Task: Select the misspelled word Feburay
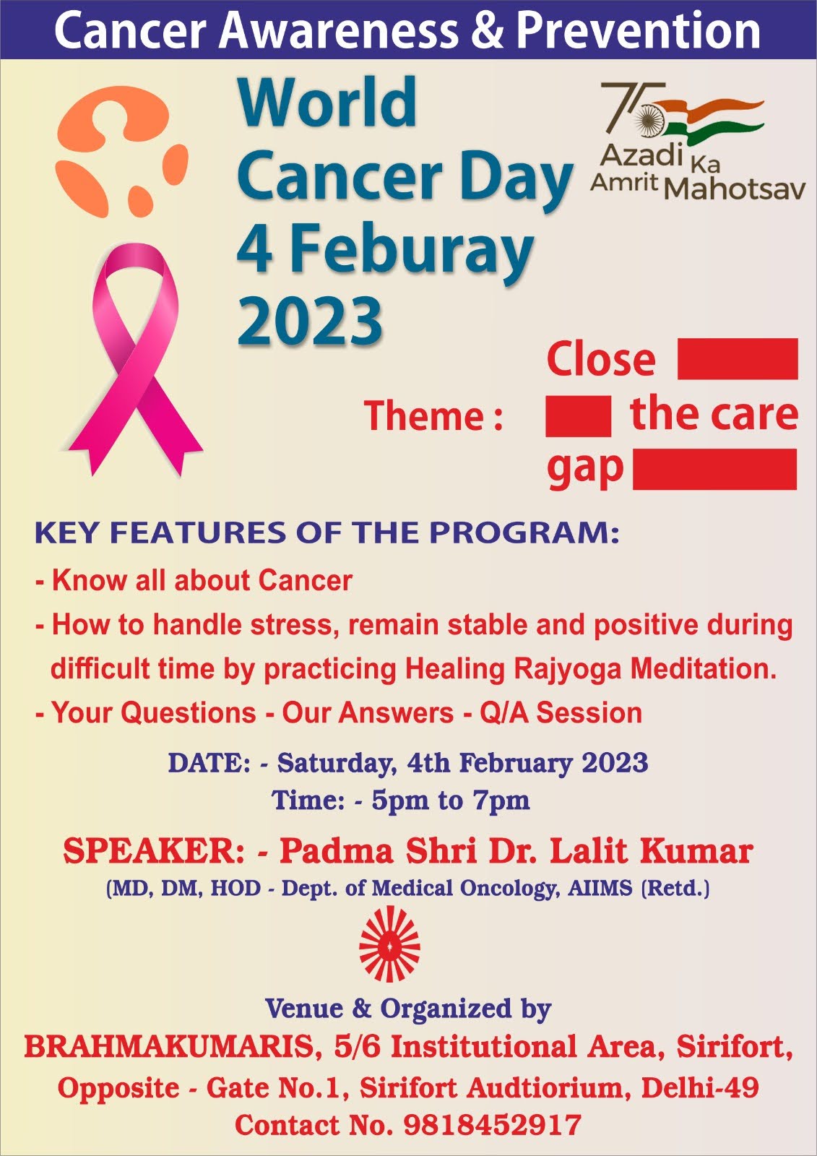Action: tap(412, 250)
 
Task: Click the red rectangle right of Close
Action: tap(738, 358)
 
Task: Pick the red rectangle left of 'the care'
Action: tap(578, 416)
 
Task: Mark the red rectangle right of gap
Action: tap(715, 469)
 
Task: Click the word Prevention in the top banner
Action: tap(639, 30)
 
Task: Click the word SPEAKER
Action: tap(154, 852)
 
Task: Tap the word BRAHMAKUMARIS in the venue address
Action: tap(169, 1047)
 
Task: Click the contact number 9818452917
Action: tap(492, 1124)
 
